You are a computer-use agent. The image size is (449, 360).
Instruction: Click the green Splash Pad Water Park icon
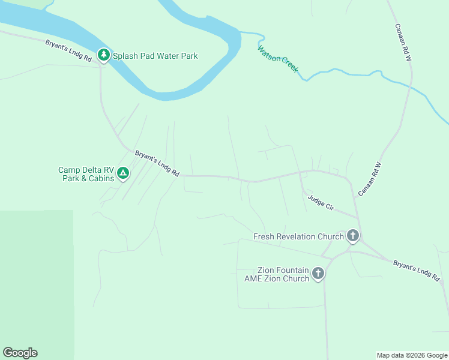104,56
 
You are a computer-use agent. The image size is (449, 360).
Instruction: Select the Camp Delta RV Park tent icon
122,173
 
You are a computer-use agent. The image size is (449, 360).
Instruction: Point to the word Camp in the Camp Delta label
70,170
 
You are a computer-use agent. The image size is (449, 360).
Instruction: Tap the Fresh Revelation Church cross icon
353,236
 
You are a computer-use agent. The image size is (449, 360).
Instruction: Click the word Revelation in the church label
299,236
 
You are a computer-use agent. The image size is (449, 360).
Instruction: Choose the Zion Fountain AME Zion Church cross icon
318,274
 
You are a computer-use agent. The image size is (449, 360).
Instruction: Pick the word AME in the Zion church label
255,278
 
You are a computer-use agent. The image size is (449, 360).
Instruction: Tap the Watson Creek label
278,59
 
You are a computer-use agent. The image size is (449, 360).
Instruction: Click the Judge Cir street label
321,202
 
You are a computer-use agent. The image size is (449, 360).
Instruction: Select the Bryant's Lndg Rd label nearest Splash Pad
68,51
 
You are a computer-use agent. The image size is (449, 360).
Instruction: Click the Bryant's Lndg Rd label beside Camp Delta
157,163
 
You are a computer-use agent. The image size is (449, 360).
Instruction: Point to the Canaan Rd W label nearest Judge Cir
370,178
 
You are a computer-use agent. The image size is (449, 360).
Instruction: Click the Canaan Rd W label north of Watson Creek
402,42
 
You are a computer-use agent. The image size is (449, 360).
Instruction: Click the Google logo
20,353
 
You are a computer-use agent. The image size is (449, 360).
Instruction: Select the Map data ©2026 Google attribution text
412,355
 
